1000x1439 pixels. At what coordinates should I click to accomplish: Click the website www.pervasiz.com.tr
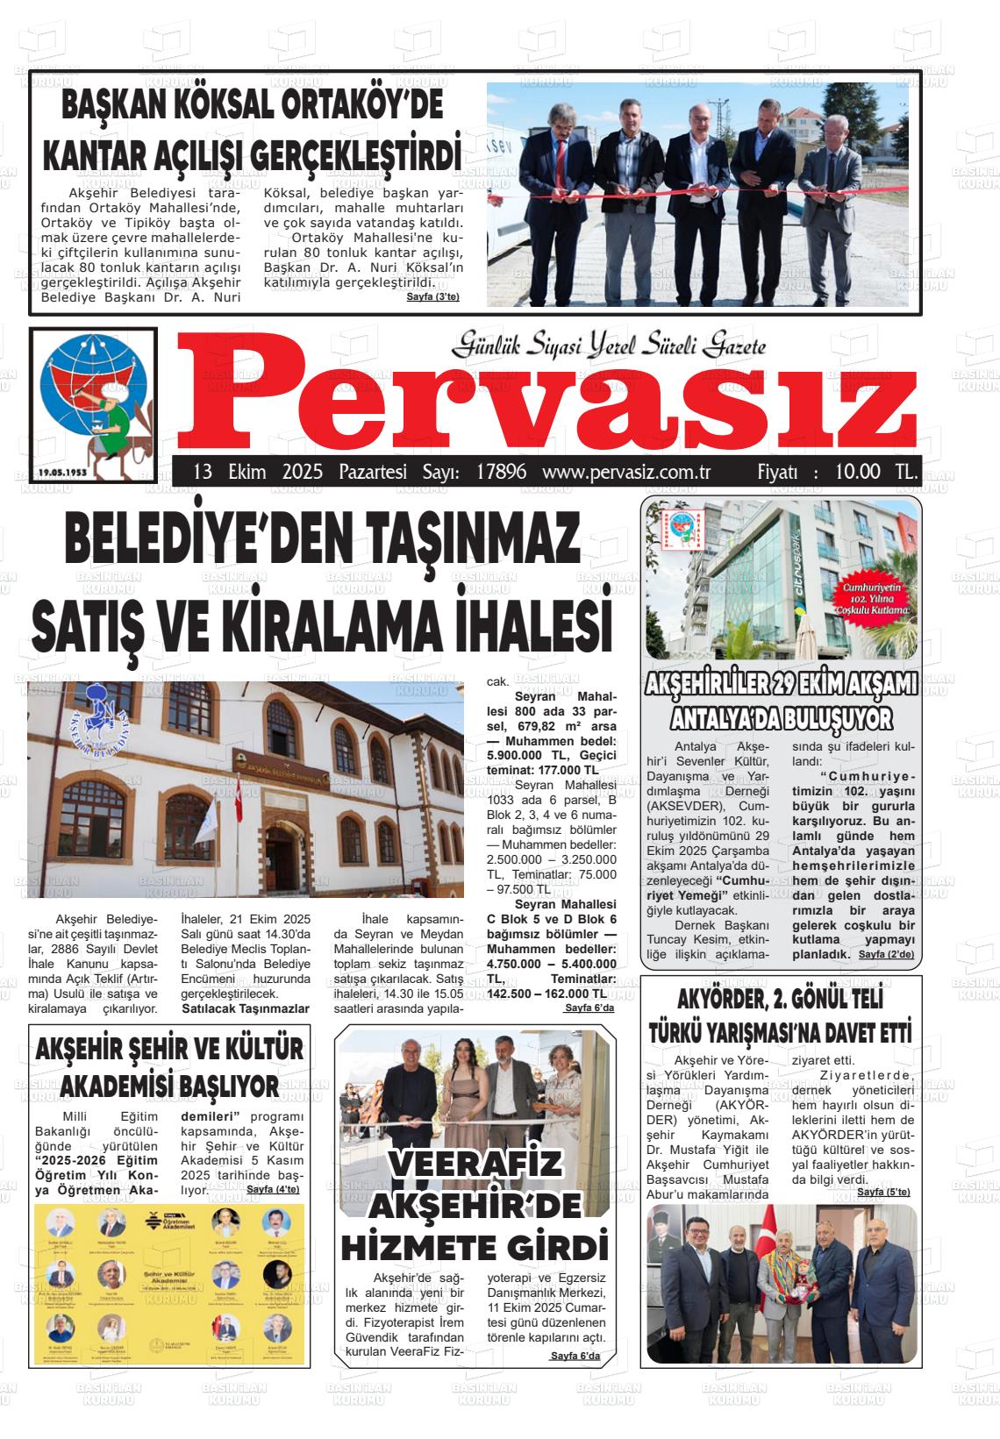click(x=625, y=472)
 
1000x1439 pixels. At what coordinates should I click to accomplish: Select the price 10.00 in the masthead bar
click(x=857, y=472)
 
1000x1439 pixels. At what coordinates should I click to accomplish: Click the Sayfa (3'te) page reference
click(x=432, y=297)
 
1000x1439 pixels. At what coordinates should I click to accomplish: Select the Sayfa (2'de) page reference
click(x=886, y=954)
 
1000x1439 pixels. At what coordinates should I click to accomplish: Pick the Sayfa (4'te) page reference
click(x=273, y=1189)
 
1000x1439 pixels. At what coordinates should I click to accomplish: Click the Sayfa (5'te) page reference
click(x=883, y=1192)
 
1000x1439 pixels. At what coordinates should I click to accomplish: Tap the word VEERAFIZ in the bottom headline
click(x=475, y=1165)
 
